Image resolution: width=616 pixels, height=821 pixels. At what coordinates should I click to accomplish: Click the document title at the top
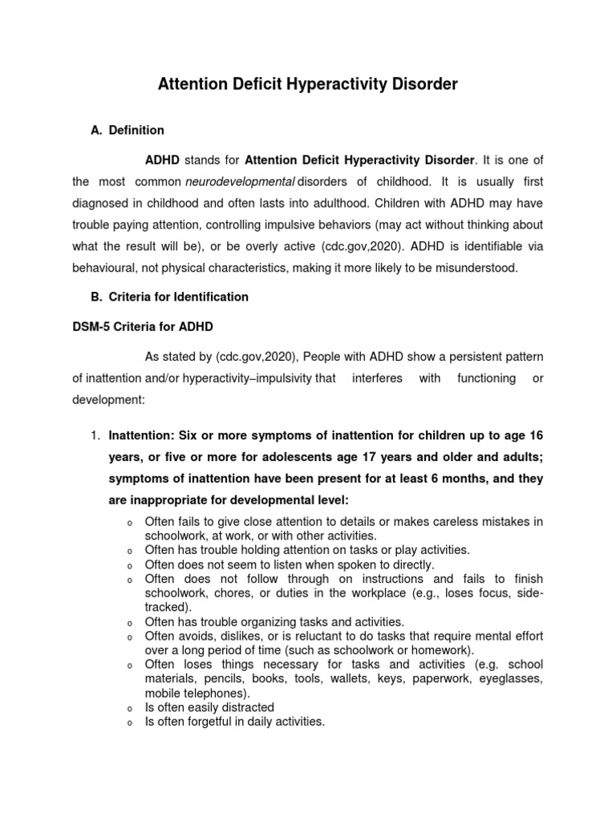point(307,83)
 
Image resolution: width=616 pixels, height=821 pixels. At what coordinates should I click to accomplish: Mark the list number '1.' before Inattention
point(95,435)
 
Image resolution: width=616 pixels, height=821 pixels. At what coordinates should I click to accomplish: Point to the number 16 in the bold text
point(537,435)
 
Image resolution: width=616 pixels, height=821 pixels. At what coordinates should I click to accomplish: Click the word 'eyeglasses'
point(512,678)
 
